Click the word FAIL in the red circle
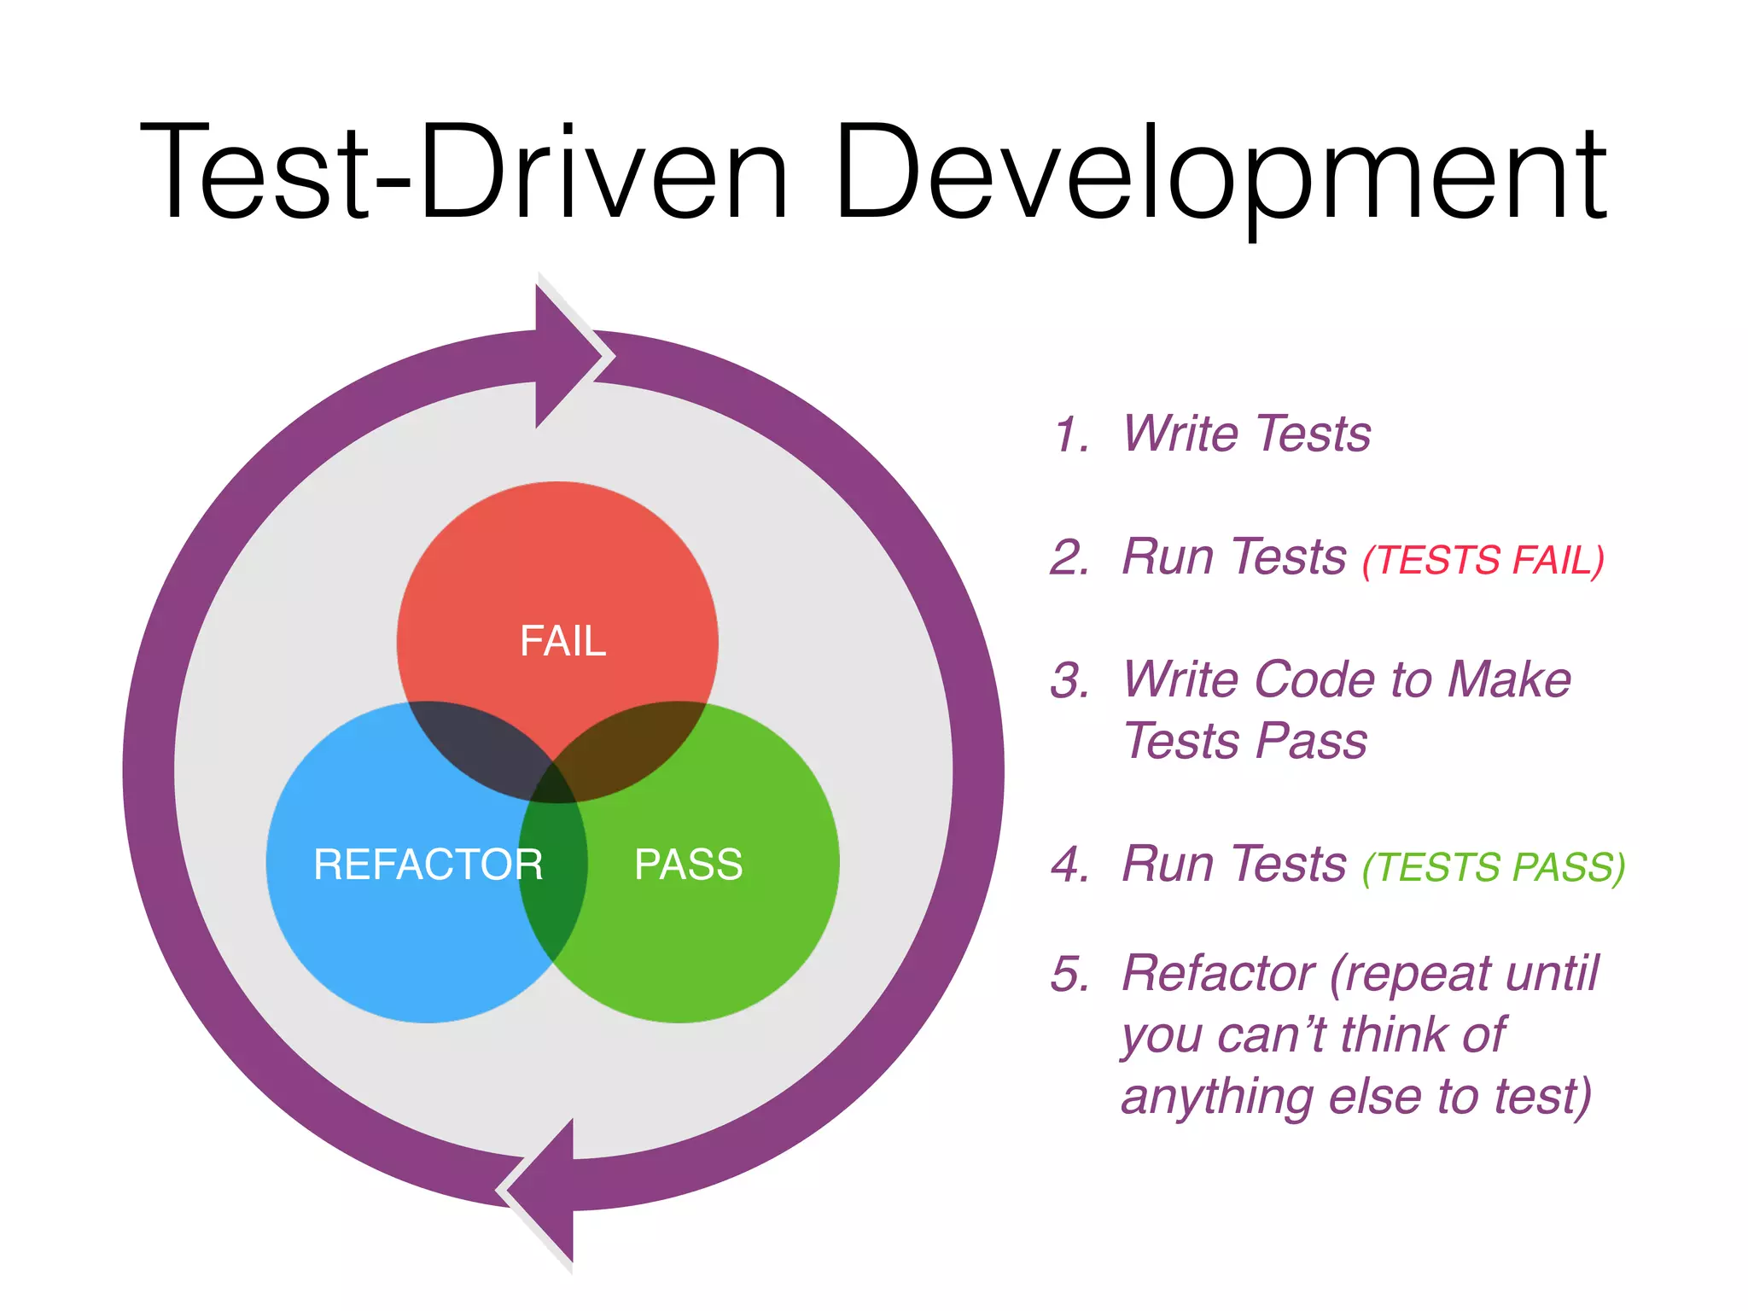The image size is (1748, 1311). tap(562, 641)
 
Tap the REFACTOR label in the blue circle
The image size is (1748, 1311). tap(428, 864)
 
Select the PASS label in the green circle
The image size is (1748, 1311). tap(688, 864)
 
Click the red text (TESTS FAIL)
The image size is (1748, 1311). tap(1483, 561)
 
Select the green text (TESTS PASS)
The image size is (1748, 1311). tap(1494, 867)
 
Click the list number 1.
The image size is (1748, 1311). tap(1070, 434)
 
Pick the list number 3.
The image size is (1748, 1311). tap(1070, 681)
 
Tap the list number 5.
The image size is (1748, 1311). tap(1070, 974)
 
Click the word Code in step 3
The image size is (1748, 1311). tap(1315, 679)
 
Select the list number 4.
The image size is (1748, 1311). tap(1070, 865)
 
